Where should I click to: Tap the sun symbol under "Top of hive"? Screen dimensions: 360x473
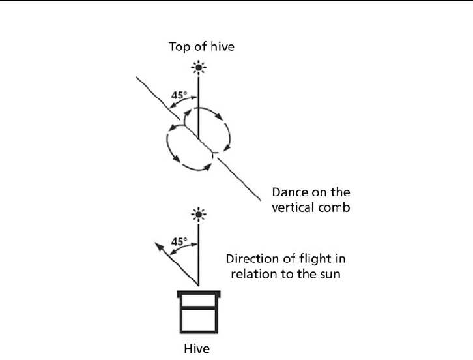point(199,67)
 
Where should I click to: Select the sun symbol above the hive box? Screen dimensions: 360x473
point(199,213)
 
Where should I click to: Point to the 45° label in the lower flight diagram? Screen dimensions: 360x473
point(179,241)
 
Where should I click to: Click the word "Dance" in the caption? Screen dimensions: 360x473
point(288,192)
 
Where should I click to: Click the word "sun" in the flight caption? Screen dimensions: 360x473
point(330,274)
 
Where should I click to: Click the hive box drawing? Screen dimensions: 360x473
point(199,314)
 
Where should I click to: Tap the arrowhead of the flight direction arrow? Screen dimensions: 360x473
point(156,245)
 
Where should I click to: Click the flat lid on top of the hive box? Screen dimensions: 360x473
point(199,293)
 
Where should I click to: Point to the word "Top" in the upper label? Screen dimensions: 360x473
point(179,46)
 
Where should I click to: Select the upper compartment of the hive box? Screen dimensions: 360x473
point(199,301)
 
